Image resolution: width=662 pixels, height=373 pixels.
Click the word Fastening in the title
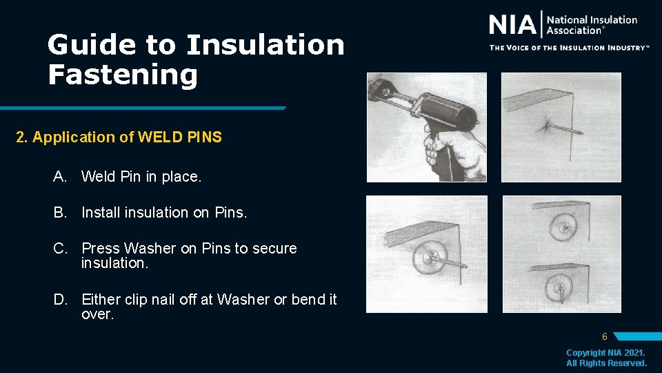(x=123, y=74)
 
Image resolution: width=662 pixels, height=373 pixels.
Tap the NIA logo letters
(x=512, y=26)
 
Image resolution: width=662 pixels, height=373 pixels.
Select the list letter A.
(x=60, y=177)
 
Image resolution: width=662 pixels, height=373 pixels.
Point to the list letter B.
(x=60, y=213)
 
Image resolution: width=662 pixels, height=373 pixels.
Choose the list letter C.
(x=60, y=248)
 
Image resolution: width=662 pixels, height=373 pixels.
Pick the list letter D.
(x=60, y=300)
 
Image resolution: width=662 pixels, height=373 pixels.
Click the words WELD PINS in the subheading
(x=180, y=137)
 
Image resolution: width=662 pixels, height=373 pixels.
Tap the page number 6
(x=604, y=337)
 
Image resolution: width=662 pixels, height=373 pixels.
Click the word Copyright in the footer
(x=587, y=353)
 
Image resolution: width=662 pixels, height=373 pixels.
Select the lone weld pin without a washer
(x=562, y=127)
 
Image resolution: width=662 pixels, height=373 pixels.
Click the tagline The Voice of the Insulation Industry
(x=569, y=48)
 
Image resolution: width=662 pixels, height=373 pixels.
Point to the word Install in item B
(x=102, y=213)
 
